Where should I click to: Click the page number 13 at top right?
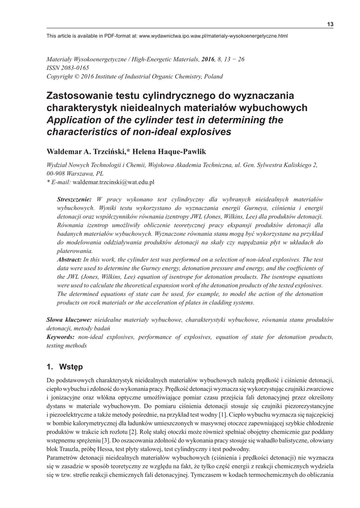click(x=330, y=25)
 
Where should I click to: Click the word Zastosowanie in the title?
click(x=80, y=95)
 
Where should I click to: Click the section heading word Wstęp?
click(x=71, y=367)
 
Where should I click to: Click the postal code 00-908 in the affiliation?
click(x=57, y=174)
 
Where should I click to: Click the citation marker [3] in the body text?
click(x=105, y=440)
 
